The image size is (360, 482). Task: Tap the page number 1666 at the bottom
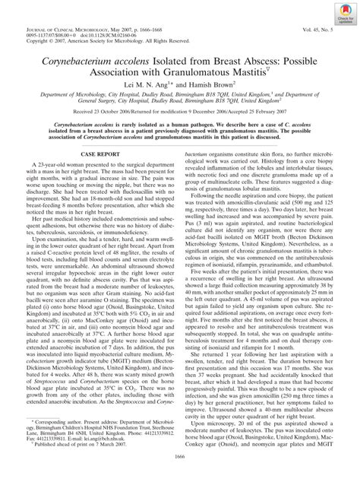click(179, 476)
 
